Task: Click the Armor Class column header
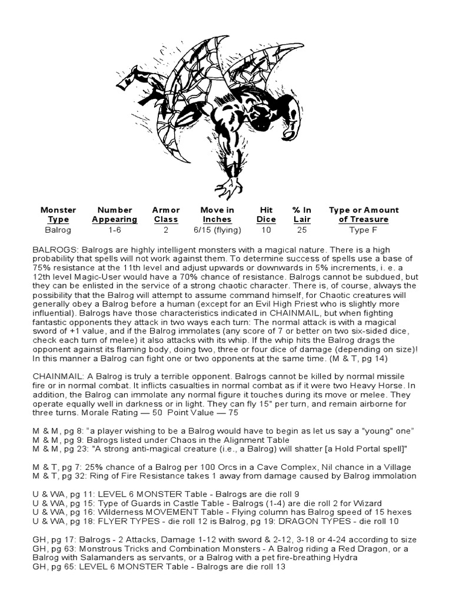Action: [x=166, y=214]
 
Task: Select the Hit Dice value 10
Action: [x=267, y=230]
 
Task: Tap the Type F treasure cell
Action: [x=363, y=230]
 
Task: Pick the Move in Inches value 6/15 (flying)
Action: [x=217, y=230]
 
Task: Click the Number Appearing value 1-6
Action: [x=115, y=230]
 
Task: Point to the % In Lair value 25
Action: [x=301, y=230]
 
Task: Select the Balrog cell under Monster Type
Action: [x=58, y=230]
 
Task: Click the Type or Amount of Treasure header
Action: [x=363, y=214]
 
